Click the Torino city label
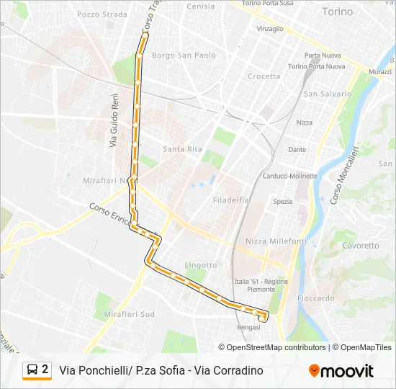point(337,12)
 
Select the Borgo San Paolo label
point(184,55)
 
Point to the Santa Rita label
point(182,149)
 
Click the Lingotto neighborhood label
point(201,265)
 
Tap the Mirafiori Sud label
point(129,314)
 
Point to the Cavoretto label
point(360,245)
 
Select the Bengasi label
point(248,327)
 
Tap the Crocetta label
point(264,76)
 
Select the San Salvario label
point(328,94)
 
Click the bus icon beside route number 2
point(32,370)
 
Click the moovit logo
point(341,371)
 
